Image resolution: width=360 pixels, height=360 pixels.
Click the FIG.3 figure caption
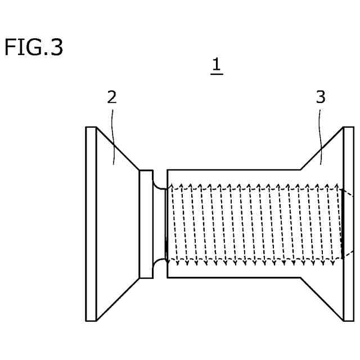tap(33, 47)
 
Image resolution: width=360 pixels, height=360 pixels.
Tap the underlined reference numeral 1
tap(216, 66)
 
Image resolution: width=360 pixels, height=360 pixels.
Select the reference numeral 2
tap(112, 97)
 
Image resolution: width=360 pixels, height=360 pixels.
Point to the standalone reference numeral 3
tap(320, 97)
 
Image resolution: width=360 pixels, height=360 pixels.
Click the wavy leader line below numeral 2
tap(114, 135)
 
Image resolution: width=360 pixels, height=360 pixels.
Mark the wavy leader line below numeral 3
tap(321, 135)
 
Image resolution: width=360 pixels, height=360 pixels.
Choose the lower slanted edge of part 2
tap(118, 299)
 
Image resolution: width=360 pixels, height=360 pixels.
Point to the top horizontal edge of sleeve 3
tap(233, 169)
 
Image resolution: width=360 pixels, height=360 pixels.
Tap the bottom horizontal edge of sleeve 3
tap(233, 278)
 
